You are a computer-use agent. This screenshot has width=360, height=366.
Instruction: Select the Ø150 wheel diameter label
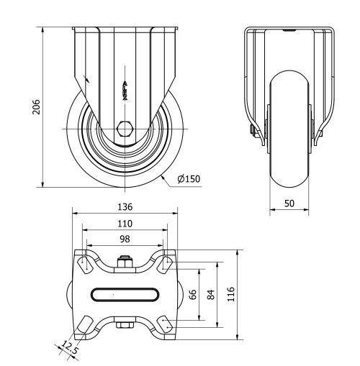point(188,179)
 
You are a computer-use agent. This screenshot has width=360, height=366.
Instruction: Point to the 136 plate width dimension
point(125,206)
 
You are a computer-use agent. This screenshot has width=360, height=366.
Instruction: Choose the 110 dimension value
point(125,224)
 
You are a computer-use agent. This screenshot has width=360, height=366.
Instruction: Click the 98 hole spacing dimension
point(125,239)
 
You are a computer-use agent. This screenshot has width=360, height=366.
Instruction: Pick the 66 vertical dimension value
point(193,295)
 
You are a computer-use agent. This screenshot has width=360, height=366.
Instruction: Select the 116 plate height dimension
point(231,295)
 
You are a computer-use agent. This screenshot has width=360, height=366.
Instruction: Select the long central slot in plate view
point(125,293)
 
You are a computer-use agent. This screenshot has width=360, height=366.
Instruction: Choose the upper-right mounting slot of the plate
point(166,264)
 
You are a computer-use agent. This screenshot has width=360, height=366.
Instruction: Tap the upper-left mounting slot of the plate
point(85,264)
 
